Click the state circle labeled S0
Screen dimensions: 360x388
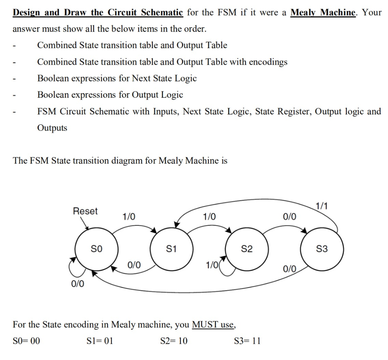pos(97,249)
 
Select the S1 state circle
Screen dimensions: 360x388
pos(172,249)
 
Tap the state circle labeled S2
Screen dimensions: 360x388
pos(247,249)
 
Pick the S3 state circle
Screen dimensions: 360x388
pos(322,249)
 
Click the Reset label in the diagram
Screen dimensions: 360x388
pos(85,211)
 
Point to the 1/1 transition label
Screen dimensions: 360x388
pos(321,206)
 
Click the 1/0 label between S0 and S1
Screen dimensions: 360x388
pos(128,216)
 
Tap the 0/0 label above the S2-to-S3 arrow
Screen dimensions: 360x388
pos(290,216)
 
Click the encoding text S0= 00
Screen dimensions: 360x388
pos(26,340)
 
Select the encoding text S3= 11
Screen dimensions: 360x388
pos(247,340)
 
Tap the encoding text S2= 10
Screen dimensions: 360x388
pos(174,340)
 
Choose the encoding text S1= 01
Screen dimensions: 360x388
pos(100,340)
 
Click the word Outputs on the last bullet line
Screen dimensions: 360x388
pos(52,128)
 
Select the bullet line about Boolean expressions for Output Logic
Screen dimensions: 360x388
pos(110,95)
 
